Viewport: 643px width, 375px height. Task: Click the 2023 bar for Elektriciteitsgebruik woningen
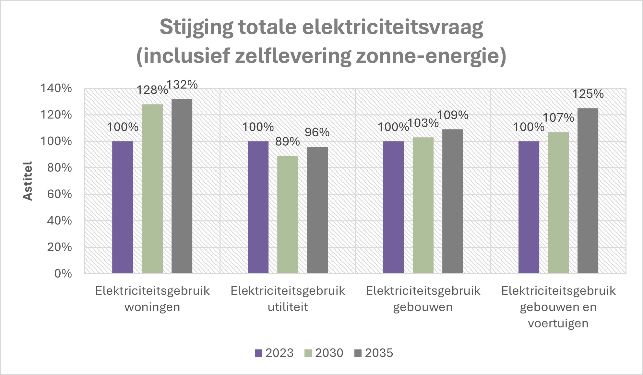(123, 207)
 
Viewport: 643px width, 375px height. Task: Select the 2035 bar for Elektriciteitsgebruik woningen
(182, 186)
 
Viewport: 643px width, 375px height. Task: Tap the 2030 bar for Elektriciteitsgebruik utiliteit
(288, 215)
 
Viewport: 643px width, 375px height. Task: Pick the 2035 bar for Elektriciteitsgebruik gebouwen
(453, 201)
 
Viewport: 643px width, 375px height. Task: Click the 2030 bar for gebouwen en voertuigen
(558, 203)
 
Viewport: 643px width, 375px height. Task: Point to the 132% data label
(182, 85)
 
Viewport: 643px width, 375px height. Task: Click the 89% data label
(288, 142)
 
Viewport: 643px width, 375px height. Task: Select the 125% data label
(588, 94)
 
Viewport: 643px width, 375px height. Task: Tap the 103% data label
(423, 123)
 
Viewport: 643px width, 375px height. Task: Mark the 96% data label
(317, 132)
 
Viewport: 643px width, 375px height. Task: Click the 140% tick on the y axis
(56, 88)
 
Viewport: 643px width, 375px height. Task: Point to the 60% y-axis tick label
(59, 194)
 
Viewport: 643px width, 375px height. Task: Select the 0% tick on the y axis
(63, 274)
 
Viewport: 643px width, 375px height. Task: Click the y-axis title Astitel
(28, 181)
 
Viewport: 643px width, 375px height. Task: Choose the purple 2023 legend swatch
(258, 353)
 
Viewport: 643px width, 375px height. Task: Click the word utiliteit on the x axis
(288, 307)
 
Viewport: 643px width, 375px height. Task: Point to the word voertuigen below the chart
(558, 323)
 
